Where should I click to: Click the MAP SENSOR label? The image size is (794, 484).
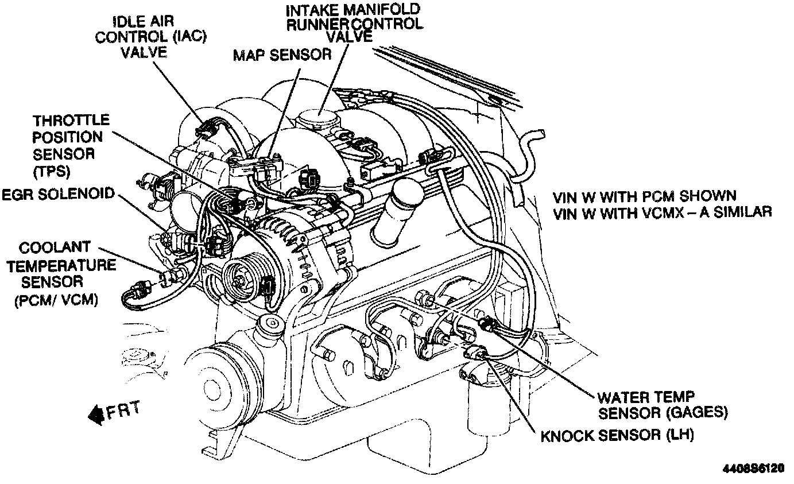pyautogui.click(x=282, y=55)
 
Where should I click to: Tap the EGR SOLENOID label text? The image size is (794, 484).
pyautogui.click(x=59, y=194)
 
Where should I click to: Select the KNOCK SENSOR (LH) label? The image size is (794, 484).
pyautogui.click(x=617, y=435)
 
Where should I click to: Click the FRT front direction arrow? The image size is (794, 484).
pyautogui.click(x=114, y=413)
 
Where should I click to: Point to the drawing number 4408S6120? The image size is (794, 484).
pyautogui.click(x=753, y=469)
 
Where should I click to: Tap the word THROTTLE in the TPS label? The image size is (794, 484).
pyautogui.click(x=71, y=121)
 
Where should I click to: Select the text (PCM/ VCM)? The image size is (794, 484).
pyautogui.click(x=56, y=300)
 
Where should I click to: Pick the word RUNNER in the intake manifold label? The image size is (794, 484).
pyautogui.click(x=318, y=25)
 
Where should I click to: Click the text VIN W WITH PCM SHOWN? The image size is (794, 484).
pyautogui.click(x=645, y=196)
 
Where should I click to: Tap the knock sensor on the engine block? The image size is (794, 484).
pyautogui.click(x=475, y=352)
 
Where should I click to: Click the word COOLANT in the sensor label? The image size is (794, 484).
pyautogui.click(x=55, y=247)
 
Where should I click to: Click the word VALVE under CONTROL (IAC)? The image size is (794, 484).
pyautogui.click(x=144, y=52)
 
